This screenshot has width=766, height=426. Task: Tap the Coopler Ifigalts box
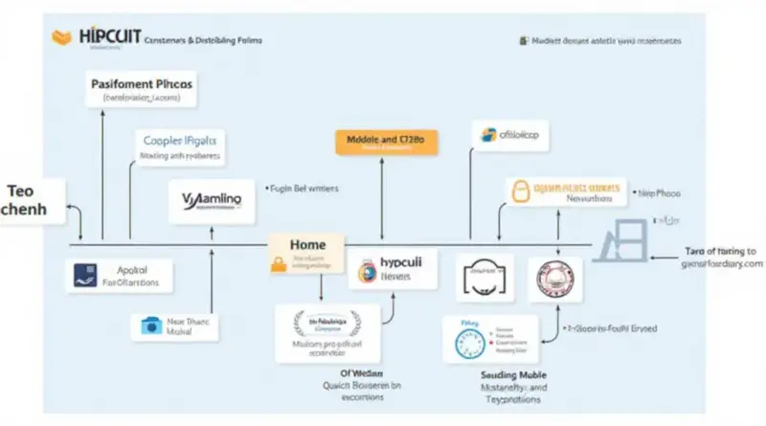point(180,145)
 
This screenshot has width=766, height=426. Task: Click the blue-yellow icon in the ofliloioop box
point(489,134)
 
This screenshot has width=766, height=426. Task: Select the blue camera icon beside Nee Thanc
point(149,325)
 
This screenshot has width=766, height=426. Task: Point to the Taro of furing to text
point(721,250)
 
